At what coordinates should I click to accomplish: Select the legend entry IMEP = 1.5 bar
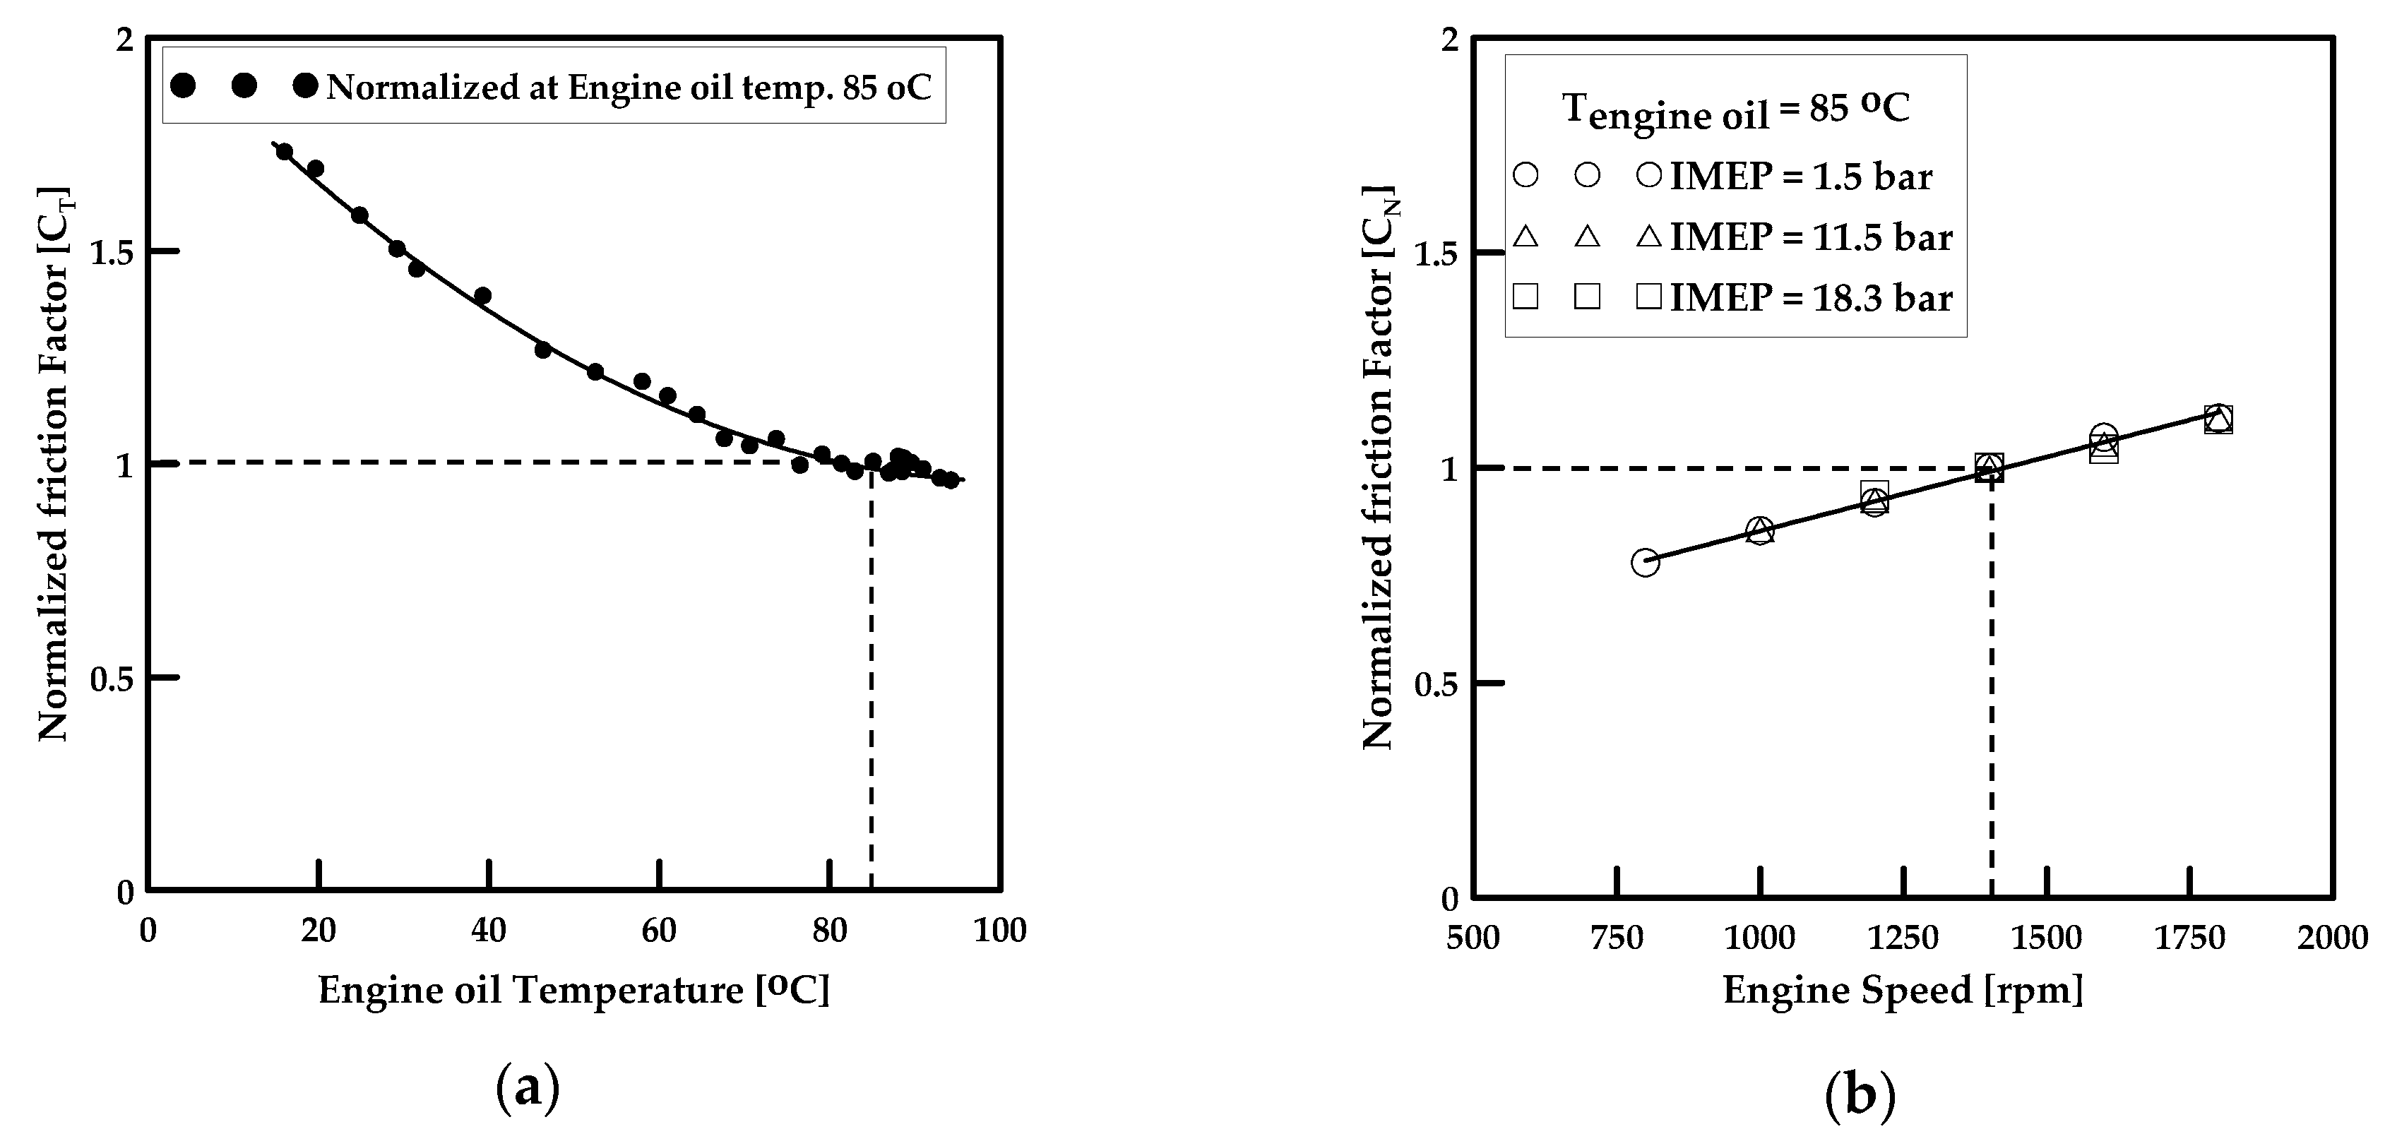[1801, 176]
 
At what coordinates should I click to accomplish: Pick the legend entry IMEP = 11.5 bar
[1810, 237]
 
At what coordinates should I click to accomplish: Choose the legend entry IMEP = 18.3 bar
[1810, 297]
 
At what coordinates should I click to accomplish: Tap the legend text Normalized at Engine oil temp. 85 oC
[629, 87]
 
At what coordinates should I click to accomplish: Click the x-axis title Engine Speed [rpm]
[1903, 989]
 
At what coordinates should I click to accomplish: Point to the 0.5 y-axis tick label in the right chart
[1436, 684]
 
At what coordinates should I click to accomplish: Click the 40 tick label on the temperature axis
[488, 931]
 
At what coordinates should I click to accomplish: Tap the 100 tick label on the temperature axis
[999, 931]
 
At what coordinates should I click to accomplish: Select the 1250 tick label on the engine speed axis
[1903, 938]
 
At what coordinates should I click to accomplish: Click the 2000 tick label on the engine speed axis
[2332, 938]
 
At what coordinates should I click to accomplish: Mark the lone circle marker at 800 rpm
[1644, 562]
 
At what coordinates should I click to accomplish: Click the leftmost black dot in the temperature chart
[284, 152]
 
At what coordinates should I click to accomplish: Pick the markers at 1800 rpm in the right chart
[2218, 419]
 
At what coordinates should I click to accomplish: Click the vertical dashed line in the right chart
[1991, 685]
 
